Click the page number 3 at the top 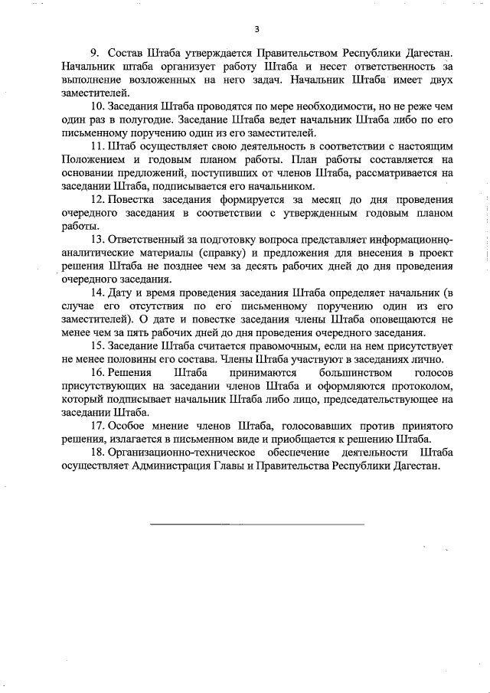257,29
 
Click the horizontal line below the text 256,524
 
